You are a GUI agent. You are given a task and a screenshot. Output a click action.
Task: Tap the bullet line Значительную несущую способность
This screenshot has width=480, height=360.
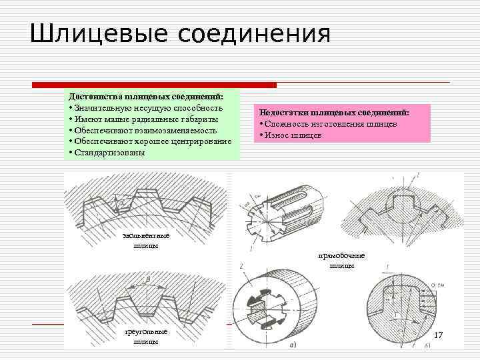[x=147, y=108]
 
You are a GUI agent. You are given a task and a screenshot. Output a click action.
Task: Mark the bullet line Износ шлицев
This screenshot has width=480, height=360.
[x=293, y=135]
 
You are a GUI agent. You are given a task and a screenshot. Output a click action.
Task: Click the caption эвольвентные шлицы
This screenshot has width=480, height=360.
[x=146, y=240]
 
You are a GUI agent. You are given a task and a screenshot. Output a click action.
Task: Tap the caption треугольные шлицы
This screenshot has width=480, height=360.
[x=145, y=337]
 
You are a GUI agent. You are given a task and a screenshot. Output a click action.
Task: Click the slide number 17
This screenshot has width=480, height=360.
[x=438, y=334]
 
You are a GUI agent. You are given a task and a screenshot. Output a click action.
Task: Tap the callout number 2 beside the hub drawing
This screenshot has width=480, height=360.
[x=239, y=267]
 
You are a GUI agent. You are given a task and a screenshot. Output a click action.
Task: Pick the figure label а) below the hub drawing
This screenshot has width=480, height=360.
[x=293, y=345]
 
